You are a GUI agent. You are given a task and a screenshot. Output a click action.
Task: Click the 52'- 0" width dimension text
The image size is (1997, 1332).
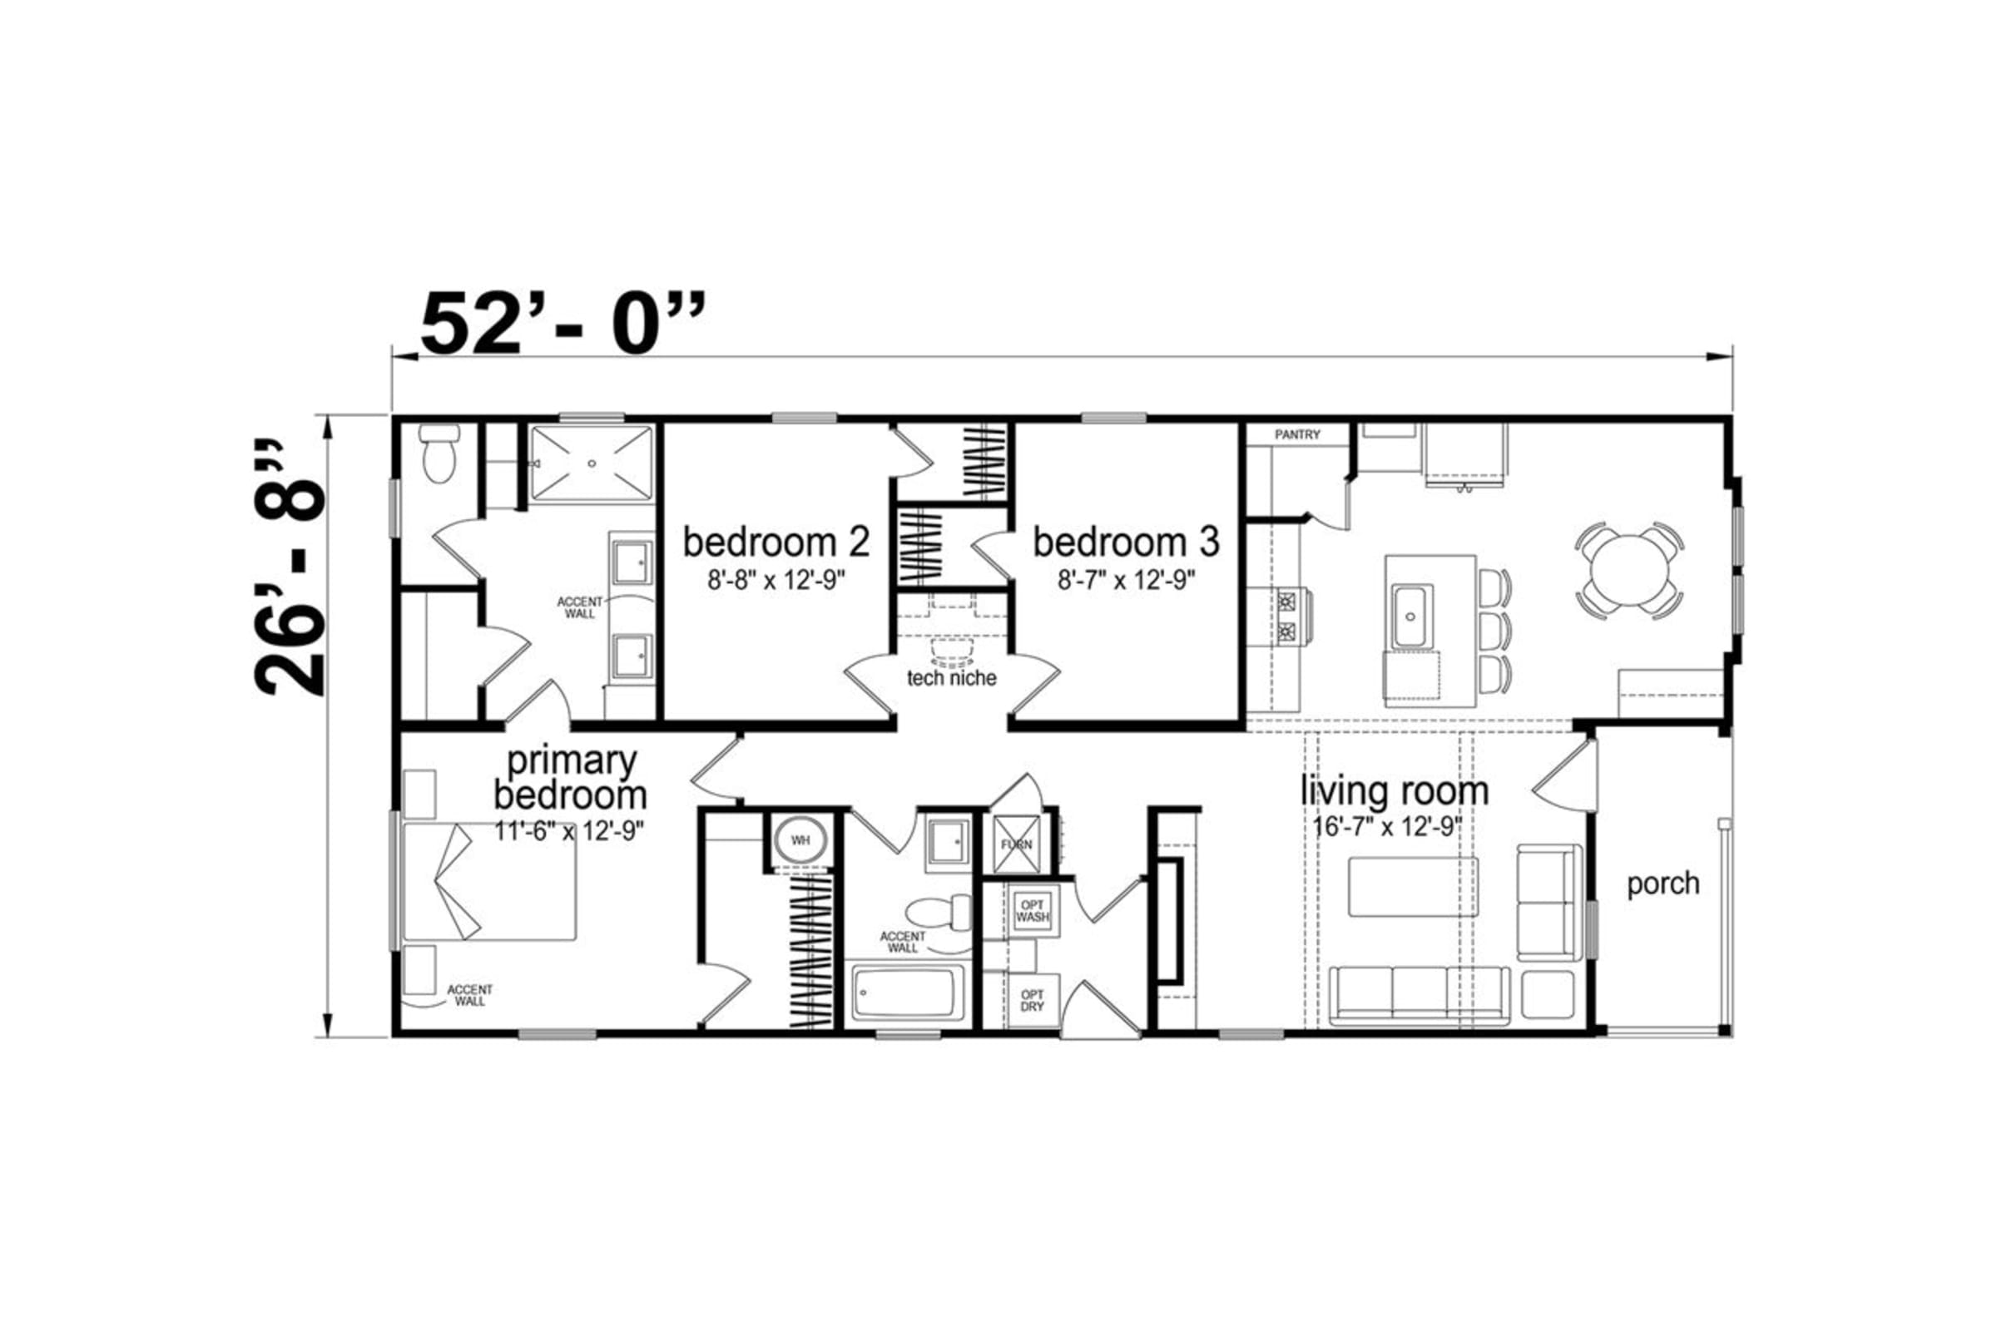point(563,323)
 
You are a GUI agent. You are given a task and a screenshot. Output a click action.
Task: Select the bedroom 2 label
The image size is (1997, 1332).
point(776,541)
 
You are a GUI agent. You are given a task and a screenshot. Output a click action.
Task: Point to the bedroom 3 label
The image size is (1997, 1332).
point(1126,541)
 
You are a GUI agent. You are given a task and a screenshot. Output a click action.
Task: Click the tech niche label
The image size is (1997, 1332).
point(951,678)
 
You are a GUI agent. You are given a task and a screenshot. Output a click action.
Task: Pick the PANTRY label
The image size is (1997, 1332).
point(1297,435)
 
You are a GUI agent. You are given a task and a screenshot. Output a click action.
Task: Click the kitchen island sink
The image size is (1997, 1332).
point(1412,616)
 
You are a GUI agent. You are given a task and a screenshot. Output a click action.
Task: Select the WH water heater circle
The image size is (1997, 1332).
point(800,839)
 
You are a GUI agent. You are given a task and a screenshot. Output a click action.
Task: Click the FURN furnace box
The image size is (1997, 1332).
point(1016,844)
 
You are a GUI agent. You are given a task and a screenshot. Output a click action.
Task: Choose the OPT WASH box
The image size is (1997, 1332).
point(1032,912)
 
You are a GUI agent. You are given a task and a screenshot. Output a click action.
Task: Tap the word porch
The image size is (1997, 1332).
point(1663,884)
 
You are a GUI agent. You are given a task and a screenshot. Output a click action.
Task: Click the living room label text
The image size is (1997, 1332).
point(1395,790)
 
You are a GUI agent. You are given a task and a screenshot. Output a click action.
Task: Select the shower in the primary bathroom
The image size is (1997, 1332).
point(592,463)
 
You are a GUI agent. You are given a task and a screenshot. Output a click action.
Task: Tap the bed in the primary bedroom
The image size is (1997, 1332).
point(489,881)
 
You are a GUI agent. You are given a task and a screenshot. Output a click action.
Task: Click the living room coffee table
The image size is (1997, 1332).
point(1413,887)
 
